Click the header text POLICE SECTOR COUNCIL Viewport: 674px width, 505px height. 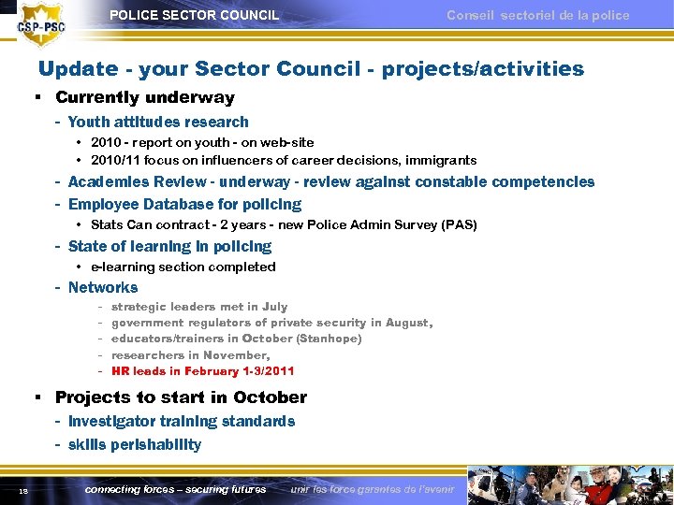[194, 15]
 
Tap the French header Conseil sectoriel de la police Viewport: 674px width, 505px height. [537, 15]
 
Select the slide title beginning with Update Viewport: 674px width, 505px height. [310, 69]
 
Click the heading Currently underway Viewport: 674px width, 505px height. [144, 97]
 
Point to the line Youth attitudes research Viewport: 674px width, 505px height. [158, 122]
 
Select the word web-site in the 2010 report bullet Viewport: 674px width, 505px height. [288, 142]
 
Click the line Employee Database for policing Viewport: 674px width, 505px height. [184, 204]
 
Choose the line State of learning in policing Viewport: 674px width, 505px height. [169, 246]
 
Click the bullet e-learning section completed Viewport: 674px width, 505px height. [183, 267]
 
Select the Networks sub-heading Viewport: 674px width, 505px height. [103, 287]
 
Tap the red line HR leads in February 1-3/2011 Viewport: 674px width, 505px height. [202, 371]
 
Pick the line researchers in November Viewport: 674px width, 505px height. [190, 354]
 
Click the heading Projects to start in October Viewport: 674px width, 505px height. [181, 397]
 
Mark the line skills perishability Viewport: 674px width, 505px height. [134, 444]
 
